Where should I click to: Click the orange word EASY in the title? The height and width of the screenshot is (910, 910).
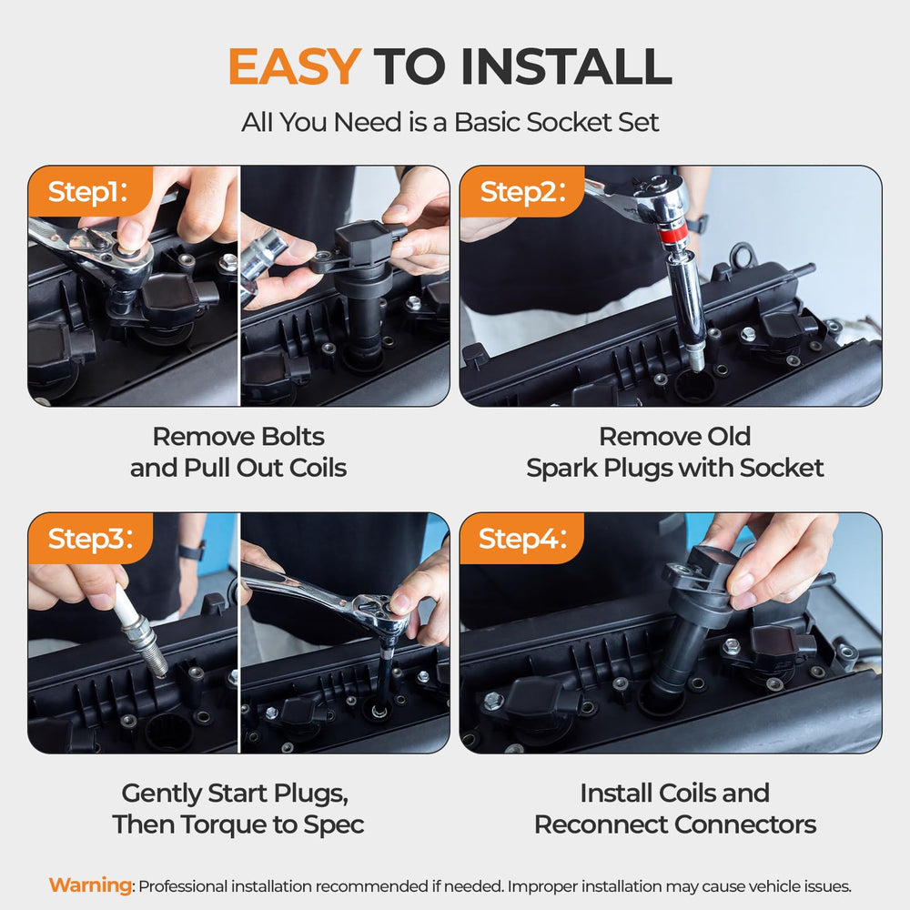pyautogui.click(x=294, y=66)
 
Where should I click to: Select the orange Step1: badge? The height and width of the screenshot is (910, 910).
pyautogui.click(x=90, y=191)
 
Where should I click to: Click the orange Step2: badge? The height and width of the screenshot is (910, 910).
pyautogui.click(x=521, y=191)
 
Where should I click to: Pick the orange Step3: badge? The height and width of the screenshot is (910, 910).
pyautogui.click(x=90, y=539)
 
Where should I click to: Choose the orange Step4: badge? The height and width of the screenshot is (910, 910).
pyautogui.click(x=521, y=539)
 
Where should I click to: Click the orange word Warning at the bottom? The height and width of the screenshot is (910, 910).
pyautogui.click(x=90, y=885)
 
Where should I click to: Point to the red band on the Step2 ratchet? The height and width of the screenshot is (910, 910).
pyautogui.click(x=671, y=236)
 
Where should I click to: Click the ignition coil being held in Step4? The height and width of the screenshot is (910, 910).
pyautogui.click(x=699, y=615)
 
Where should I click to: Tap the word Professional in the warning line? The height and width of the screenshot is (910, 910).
pyautogui.click(x=183, y=886)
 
